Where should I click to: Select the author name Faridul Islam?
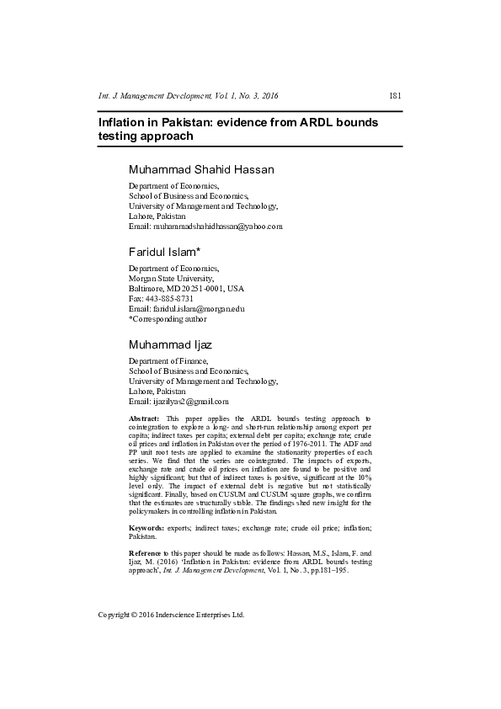163,252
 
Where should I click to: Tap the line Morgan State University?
171,278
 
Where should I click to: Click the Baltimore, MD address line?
186,288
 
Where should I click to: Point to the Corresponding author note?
167,319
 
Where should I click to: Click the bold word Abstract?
144,418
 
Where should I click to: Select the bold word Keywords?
147,527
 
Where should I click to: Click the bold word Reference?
147,550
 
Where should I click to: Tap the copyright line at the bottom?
171,615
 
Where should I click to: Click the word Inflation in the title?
123,122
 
